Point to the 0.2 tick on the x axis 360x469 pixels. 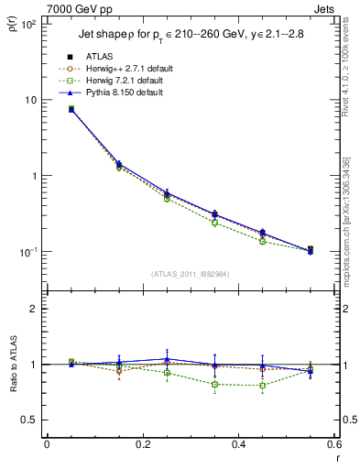(x=142, y=444)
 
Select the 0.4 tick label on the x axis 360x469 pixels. (x=238, y=444)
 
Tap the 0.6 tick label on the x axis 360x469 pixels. (x=333, y=444)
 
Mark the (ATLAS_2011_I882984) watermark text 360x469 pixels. (x=190, y=274)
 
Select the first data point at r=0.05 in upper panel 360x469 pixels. (x=71, y=109)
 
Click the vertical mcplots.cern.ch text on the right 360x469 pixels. (x=345, y=229)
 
